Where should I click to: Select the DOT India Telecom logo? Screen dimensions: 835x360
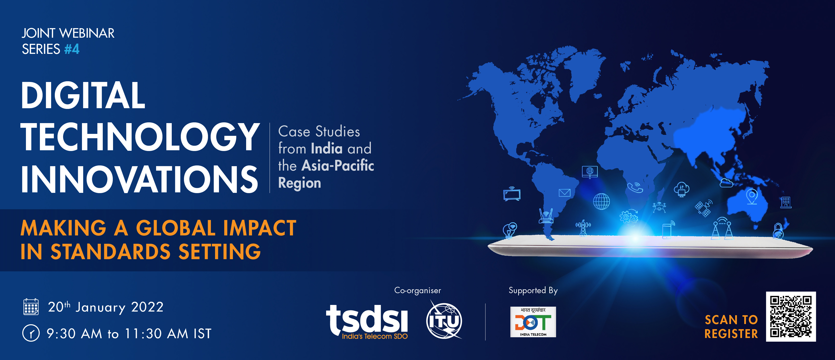coord(533,322)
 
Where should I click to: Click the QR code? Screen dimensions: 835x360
coord(791,316)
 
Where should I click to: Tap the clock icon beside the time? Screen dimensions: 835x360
coord(31,333)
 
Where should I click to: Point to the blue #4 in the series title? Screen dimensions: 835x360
coord(72,49)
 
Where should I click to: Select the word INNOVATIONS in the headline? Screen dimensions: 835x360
coord(139,179)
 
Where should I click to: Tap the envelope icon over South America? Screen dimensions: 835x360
coord(564,193)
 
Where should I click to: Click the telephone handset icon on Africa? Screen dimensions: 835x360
coord(635,187)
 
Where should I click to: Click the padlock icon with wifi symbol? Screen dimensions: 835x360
coord(778,231)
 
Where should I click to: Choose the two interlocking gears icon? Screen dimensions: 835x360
coord(629,217)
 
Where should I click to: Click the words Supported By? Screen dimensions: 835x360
coord(533,290)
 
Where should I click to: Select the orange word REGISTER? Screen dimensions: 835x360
coord(731,334)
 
